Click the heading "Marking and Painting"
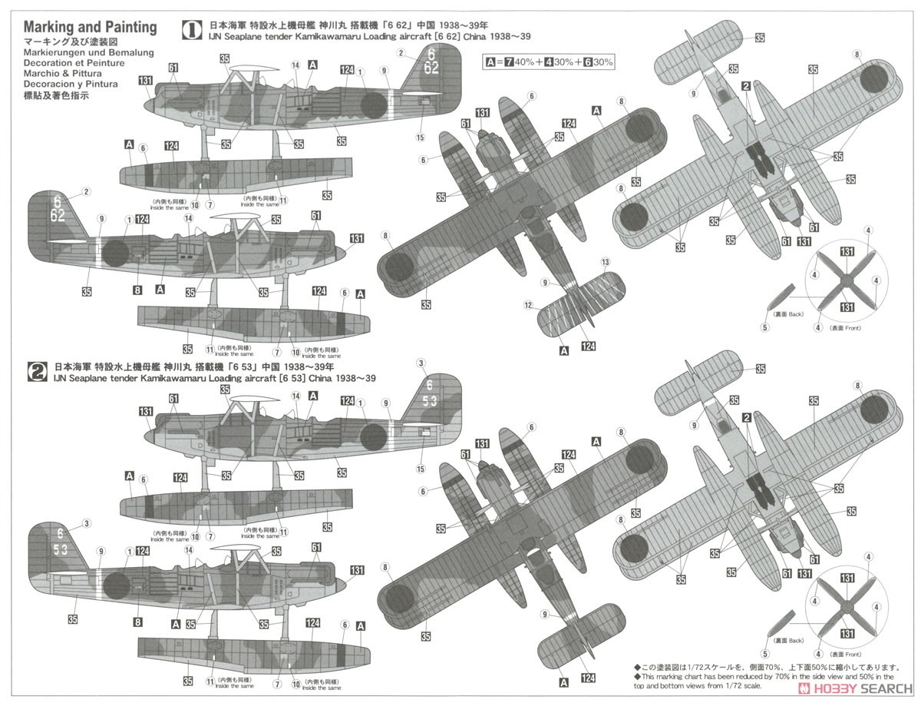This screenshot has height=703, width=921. (x=90, y=28)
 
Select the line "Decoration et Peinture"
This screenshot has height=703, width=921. (x=72, y=63)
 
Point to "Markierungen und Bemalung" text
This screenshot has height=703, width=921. (x=88, y=52)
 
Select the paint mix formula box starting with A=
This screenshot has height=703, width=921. (x=549, y=61)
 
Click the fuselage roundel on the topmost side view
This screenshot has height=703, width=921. (x=373, y=105)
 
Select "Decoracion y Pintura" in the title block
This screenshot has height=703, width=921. (x=70, y=85)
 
